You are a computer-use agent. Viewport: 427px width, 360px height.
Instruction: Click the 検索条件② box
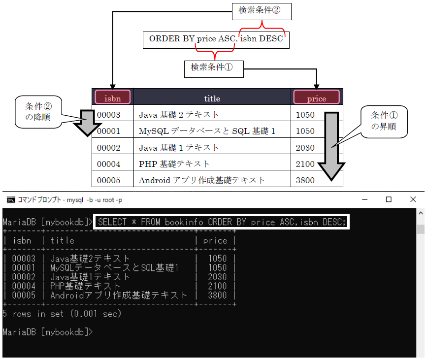262,11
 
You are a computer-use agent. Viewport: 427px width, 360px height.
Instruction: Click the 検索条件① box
214,69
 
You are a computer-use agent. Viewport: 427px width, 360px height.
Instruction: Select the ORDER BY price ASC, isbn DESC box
216,40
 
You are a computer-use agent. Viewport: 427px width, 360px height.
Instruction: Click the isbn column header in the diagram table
112,97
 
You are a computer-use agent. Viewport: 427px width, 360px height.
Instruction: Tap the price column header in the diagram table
317,97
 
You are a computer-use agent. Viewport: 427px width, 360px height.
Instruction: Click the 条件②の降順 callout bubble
38,112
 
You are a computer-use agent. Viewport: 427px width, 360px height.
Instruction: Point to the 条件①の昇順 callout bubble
384,122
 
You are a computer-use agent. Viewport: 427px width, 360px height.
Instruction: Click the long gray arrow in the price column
331,146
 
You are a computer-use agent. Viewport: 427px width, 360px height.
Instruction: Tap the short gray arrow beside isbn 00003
87,123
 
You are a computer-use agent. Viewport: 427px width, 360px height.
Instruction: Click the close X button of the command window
413,199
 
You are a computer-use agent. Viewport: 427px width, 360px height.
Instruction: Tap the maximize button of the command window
389,199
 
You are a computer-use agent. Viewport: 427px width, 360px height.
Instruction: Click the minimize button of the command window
365,199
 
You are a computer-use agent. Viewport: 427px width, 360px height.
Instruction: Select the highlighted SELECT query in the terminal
221,222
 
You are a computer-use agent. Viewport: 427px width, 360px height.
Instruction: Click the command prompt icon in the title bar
11,199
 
